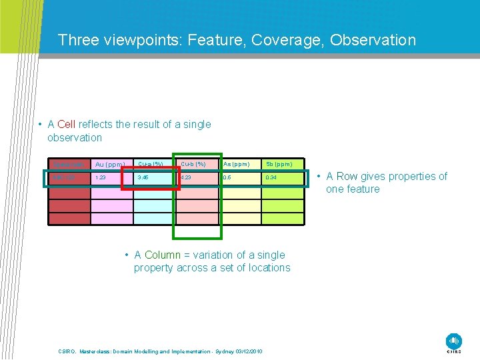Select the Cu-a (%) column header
pyautogui.click(x=151, y=164)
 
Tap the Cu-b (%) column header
pyautogui.click(x=194, y=164)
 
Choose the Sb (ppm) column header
pyautogui.click(x=279, y=164)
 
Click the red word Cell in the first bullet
pyautogui.click(x=67, y=125)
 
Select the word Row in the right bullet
pyautogui.click(x=348, y=177)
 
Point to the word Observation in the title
pyautogui.click(x=372, y=40)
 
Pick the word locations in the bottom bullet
pyautogui.click(x=267, y=268)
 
